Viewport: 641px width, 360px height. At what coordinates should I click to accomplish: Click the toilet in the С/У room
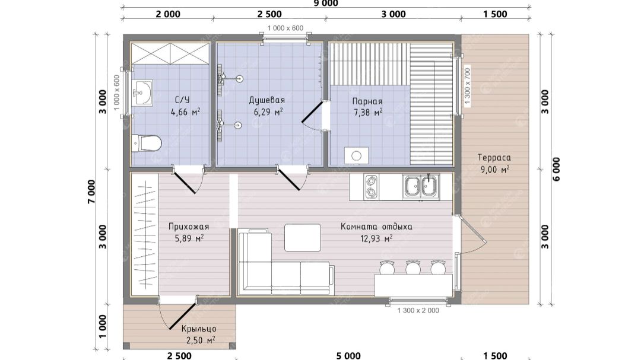pyautogui.click(x=147, y=144)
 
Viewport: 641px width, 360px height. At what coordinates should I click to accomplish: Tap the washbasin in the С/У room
pyautogui.click(x=142, y=93)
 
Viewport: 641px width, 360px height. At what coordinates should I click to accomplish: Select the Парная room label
pyautogui.click(x=367, y=101)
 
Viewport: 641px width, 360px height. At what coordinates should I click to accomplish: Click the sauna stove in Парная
pyautogui.click(x=356, y=156)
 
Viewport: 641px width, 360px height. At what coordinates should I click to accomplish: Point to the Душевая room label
pyautogui.click(x=267, y=100)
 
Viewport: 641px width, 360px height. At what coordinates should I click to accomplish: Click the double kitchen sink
pyautogui.click(x=421, y=187)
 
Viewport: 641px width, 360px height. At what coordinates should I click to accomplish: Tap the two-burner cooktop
pyautogui.click(x=371, y=186)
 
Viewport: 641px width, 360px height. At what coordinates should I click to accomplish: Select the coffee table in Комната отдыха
pyautogui.click(x=303, y=237)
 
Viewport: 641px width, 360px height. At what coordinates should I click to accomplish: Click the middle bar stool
pyautogui.click(x=412, y=267)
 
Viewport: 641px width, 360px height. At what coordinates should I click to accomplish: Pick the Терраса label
pyautogui.click(x=494, y=157)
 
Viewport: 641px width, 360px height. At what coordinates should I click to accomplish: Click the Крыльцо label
pyautogui.click(x=199, y=329)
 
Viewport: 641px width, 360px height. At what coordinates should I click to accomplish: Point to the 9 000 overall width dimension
pyautogui.click(x=325, y=4)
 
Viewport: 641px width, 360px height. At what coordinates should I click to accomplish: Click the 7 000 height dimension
pyautogui.click(x=91, y=191)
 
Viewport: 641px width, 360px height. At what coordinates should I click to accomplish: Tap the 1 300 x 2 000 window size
pyautogui.click(x=418, y=311)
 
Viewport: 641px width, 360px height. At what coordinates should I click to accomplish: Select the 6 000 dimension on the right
pyautogui.click(x=556, y=169)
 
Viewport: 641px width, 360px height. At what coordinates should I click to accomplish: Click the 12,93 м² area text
pyautogui.click(x=376, y=238)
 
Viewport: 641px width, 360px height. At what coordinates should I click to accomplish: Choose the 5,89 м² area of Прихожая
pyautogui.click(x=189, y=238)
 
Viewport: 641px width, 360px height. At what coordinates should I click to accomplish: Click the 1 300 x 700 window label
pyautogui.click(x=467, y=86)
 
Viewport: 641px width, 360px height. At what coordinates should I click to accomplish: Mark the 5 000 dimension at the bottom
pyautogui.click(x=348, y=356)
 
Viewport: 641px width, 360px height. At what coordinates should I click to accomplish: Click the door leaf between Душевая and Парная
pyautogui.click(x=312, y=112)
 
